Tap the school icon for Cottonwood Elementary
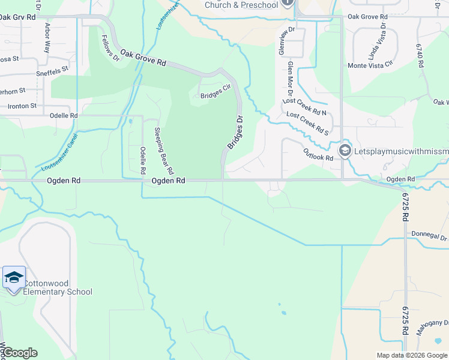point(14,278)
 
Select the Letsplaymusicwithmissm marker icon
point(345,151)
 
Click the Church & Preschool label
point(241,5)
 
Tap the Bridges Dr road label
point(235,133)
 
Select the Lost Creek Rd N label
point(304,107)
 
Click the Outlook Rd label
point(318,155)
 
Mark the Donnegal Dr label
point(430,236)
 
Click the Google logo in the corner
point(20,353)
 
